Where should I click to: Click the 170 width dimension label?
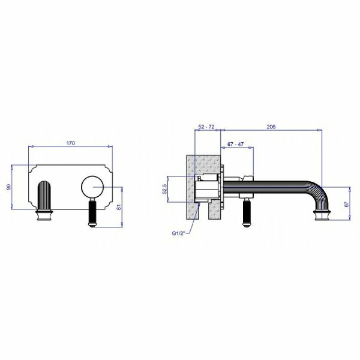(x=70, y=143)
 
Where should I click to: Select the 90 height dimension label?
(x=8, y=187)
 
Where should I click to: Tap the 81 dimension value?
(x=119, y=207)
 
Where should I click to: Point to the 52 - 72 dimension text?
(x=206, y=127)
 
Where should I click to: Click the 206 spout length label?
(x=271, y=127)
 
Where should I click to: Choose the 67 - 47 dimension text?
(x=236, y=144)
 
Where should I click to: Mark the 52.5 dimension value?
(x=164, y=189)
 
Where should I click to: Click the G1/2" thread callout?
(x=179, y=233)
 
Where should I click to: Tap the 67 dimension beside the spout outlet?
(x=347, y=203)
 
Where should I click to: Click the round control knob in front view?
(x=92, y=187)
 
